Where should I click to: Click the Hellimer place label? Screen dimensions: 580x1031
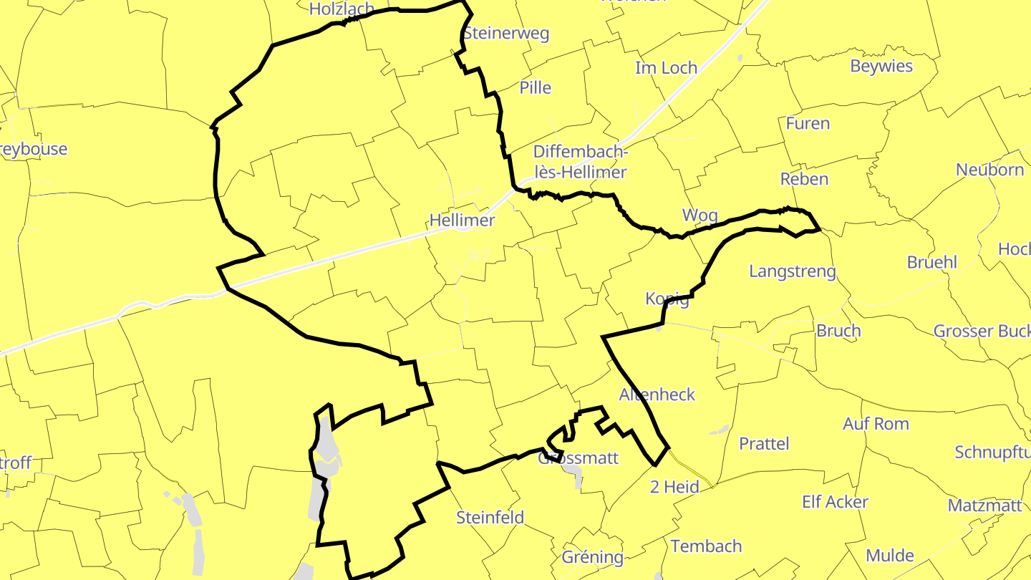click(x=462, y=220)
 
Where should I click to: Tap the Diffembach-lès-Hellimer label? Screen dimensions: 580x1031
click(x=580, y=163)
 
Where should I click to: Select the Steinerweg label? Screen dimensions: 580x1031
click(x=505, y=34)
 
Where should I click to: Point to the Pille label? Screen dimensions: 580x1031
click(x=536, y=87)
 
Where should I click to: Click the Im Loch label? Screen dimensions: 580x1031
click(x=666, y=68)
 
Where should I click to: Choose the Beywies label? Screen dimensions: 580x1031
click(x=881, y=66)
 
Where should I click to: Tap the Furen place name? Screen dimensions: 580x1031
click(x=808, y=123)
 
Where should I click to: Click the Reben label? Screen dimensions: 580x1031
click(x=804, y=179)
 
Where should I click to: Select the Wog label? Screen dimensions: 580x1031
click(x=700, y=215)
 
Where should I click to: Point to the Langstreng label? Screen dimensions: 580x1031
click(x=793, y=271)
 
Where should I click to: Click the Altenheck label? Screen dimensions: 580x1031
click(x=657, y=395)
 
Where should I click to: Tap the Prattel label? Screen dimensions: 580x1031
click(x=764, y=443)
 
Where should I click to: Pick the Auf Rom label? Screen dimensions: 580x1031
click(x=876, y=423)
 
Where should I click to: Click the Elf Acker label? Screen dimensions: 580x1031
click(x=835, y=502)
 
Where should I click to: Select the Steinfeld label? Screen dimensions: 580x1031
click(x=490, y=517)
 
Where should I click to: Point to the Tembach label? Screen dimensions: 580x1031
click(x=706, y=546)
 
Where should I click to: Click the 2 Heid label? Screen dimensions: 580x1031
click(x=674, y=487)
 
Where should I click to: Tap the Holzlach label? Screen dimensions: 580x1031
click(x=342, y=9)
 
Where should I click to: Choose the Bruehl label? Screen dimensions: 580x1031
click(x=931, y=262)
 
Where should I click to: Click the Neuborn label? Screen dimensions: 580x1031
click(x=989, y=170)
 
